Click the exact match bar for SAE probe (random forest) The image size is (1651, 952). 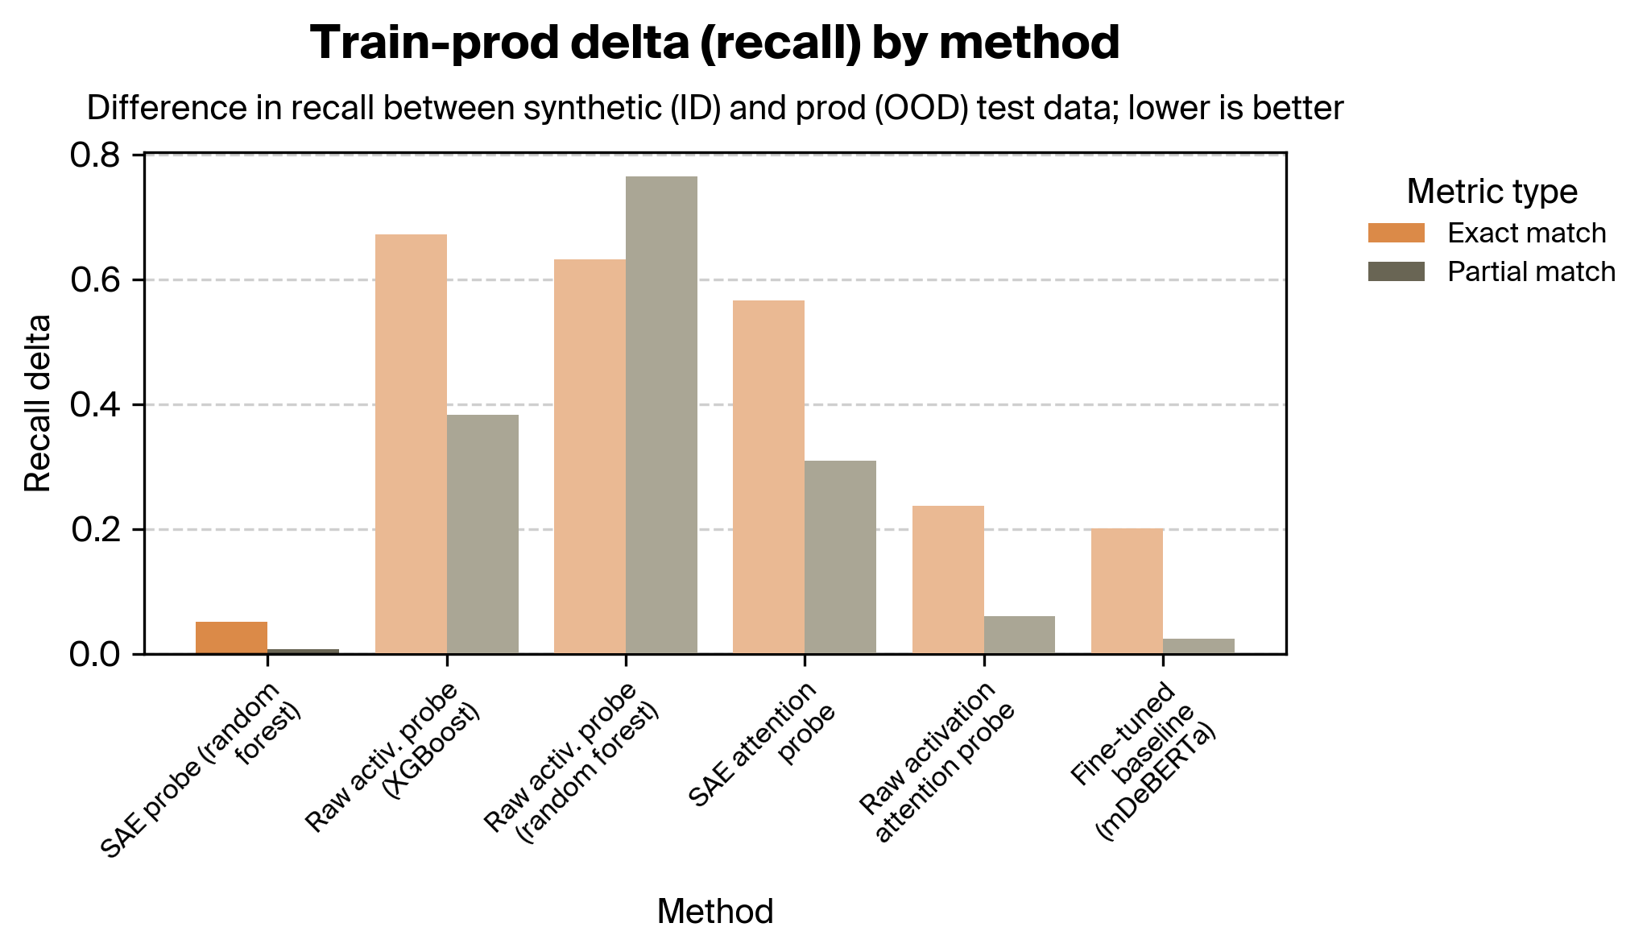click(231, 637)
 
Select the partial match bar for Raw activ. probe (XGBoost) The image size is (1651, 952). click(482, 534)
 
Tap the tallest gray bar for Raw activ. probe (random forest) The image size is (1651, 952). click(661, 415)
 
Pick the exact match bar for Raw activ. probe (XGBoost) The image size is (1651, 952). click(411, 444)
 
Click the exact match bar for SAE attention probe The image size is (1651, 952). click(768, 477)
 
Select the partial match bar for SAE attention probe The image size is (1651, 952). click(840, 557)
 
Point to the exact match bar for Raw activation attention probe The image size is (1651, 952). click(948, 579)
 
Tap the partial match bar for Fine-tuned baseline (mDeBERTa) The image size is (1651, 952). click(1198, 646)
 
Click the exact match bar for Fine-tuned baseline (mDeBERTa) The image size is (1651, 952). click(1127, 590)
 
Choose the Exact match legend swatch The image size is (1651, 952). click(1396, 234)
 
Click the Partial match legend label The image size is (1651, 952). click(1531, 272)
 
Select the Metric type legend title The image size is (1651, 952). click(1492, 192)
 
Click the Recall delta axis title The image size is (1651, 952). click(38, 403)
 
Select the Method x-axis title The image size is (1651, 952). click(715, 912)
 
